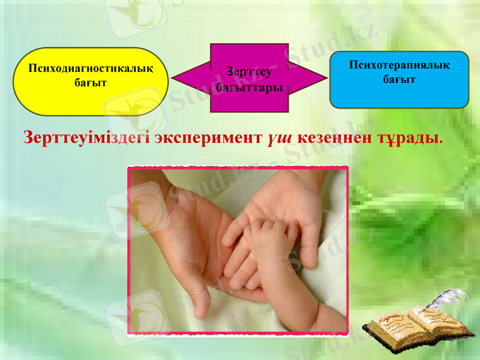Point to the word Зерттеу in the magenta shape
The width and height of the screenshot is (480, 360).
250,73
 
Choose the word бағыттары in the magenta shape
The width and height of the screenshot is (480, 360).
250,87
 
